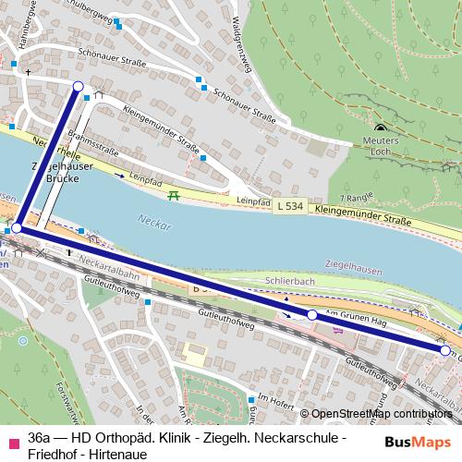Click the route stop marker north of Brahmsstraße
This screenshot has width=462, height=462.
(x=78, y=87)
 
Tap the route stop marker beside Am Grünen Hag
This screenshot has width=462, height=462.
(x=312, y=315)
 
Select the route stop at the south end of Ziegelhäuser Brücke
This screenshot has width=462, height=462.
(x=16, y=227)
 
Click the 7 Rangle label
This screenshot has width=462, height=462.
(x=355, y=198)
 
